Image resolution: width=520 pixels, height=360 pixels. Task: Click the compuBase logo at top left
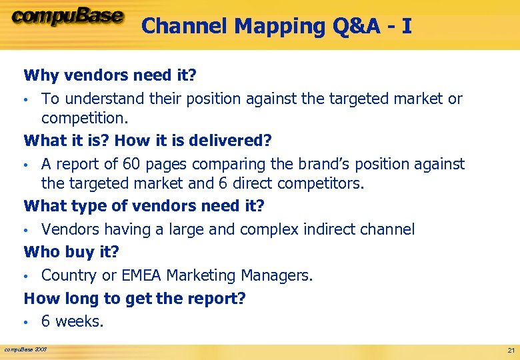(x=67, y=17)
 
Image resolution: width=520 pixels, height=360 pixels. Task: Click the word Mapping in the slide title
(x=273, y=26)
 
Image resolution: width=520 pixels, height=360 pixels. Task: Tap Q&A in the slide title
(x=353, y=26)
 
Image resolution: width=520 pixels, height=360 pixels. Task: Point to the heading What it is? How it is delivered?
(x=148, y=140)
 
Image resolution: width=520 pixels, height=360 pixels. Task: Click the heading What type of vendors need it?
(x=144, y=205)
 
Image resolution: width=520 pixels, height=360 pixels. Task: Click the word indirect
(x=330, y=229)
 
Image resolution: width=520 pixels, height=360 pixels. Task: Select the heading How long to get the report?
(x=135, y=298)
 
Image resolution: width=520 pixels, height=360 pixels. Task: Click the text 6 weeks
(x=73, y=321)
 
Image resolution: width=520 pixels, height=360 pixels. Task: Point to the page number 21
(x=511, y=350)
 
